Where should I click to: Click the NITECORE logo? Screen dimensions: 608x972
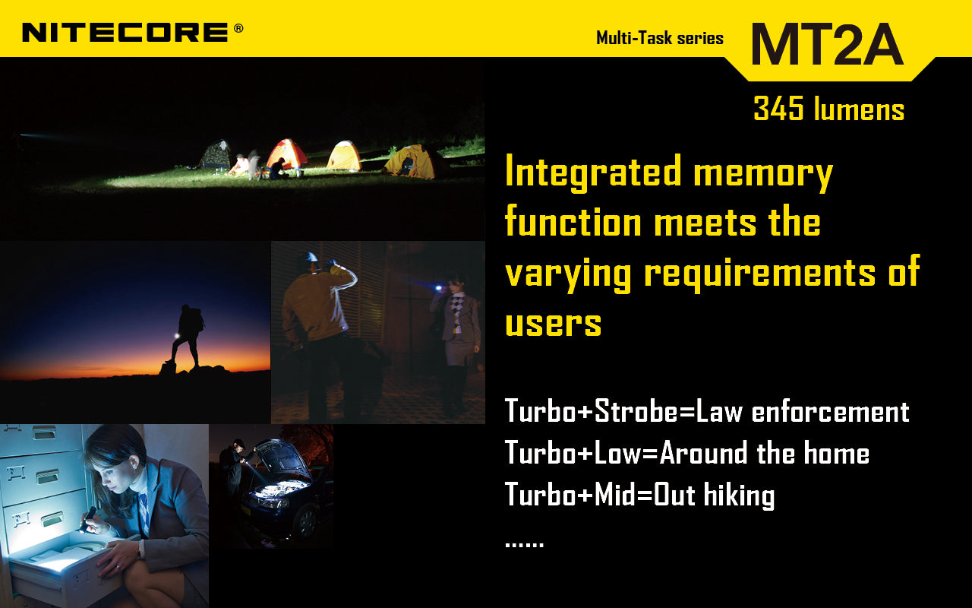click(125, 32)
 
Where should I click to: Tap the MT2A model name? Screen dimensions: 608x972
click(826, 43)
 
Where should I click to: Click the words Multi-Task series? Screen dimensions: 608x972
click(659, 38)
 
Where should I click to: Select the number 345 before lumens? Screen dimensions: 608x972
click(778, 109)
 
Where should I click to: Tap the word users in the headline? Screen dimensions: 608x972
click(553, 322)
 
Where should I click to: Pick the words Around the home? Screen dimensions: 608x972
click(764, 453)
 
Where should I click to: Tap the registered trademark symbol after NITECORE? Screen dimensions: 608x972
click(238, 28)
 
